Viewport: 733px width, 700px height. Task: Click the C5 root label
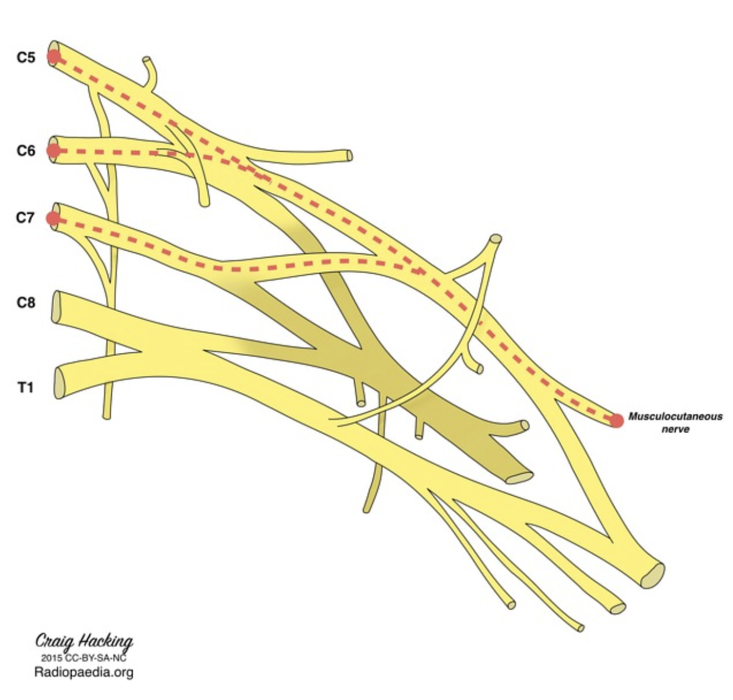(x=25, y=57)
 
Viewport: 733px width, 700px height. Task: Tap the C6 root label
(x=25, y=151)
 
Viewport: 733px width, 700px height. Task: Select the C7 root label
(x=25, y=218)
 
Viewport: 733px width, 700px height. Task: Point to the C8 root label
(x=25, y=303)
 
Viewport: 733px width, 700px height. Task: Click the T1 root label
(x=25, y=387)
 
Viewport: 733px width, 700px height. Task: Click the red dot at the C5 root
(x=54, y=57)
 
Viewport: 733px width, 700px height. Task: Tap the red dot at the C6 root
(x=53, y=151)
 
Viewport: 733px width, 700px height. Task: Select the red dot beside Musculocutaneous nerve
(x=617, y=420)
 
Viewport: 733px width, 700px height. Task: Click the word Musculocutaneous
(x=675, y=416)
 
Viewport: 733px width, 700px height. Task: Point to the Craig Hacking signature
(x=84, y=641)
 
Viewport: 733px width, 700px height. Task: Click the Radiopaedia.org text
(x=83, y=672)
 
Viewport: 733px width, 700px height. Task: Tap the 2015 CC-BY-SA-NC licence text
(x=83, y=657)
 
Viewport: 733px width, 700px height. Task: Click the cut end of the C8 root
(x=56, y=307)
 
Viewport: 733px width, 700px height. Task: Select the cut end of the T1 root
(x=59, y=383)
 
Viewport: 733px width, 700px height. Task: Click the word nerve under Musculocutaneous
(x=675, y=429)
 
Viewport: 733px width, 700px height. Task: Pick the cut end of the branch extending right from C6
(x=349, y=156)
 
